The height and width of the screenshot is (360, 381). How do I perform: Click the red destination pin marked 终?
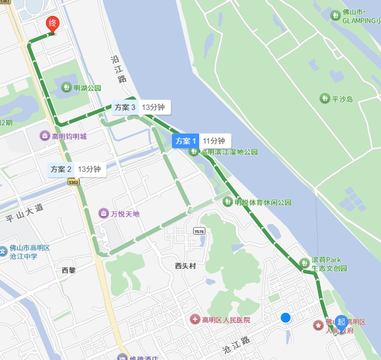(52, 24)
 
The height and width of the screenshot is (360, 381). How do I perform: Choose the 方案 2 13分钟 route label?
(77, 169)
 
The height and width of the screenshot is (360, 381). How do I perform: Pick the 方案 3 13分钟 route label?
(141, 108)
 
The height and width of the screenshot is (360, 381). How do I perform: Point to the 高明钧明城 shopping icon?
(45, 136)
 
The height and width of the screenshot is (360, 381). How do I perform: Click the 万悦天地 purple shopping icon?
(104, 213)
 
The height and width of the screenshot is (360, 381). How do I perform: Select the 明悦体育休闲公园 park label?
(263, 202)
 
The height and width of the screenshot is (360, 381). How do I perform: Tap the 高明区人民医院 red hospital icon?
(195, 320)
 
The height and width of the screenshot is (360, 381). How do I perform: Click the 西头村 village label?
(185, 266)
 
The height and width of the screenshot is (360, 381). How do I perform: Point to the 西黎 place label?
(68, 270)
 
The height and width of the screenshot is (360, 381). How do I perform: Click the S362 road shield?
(73, 181)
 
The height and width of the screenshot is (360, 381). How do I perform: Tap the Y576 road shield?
(199, 231)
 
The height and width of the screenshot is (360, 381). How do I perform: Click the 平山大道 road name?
(25, 213)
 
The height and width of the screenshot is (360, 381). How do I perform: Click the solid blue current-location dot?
(286, 318)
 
